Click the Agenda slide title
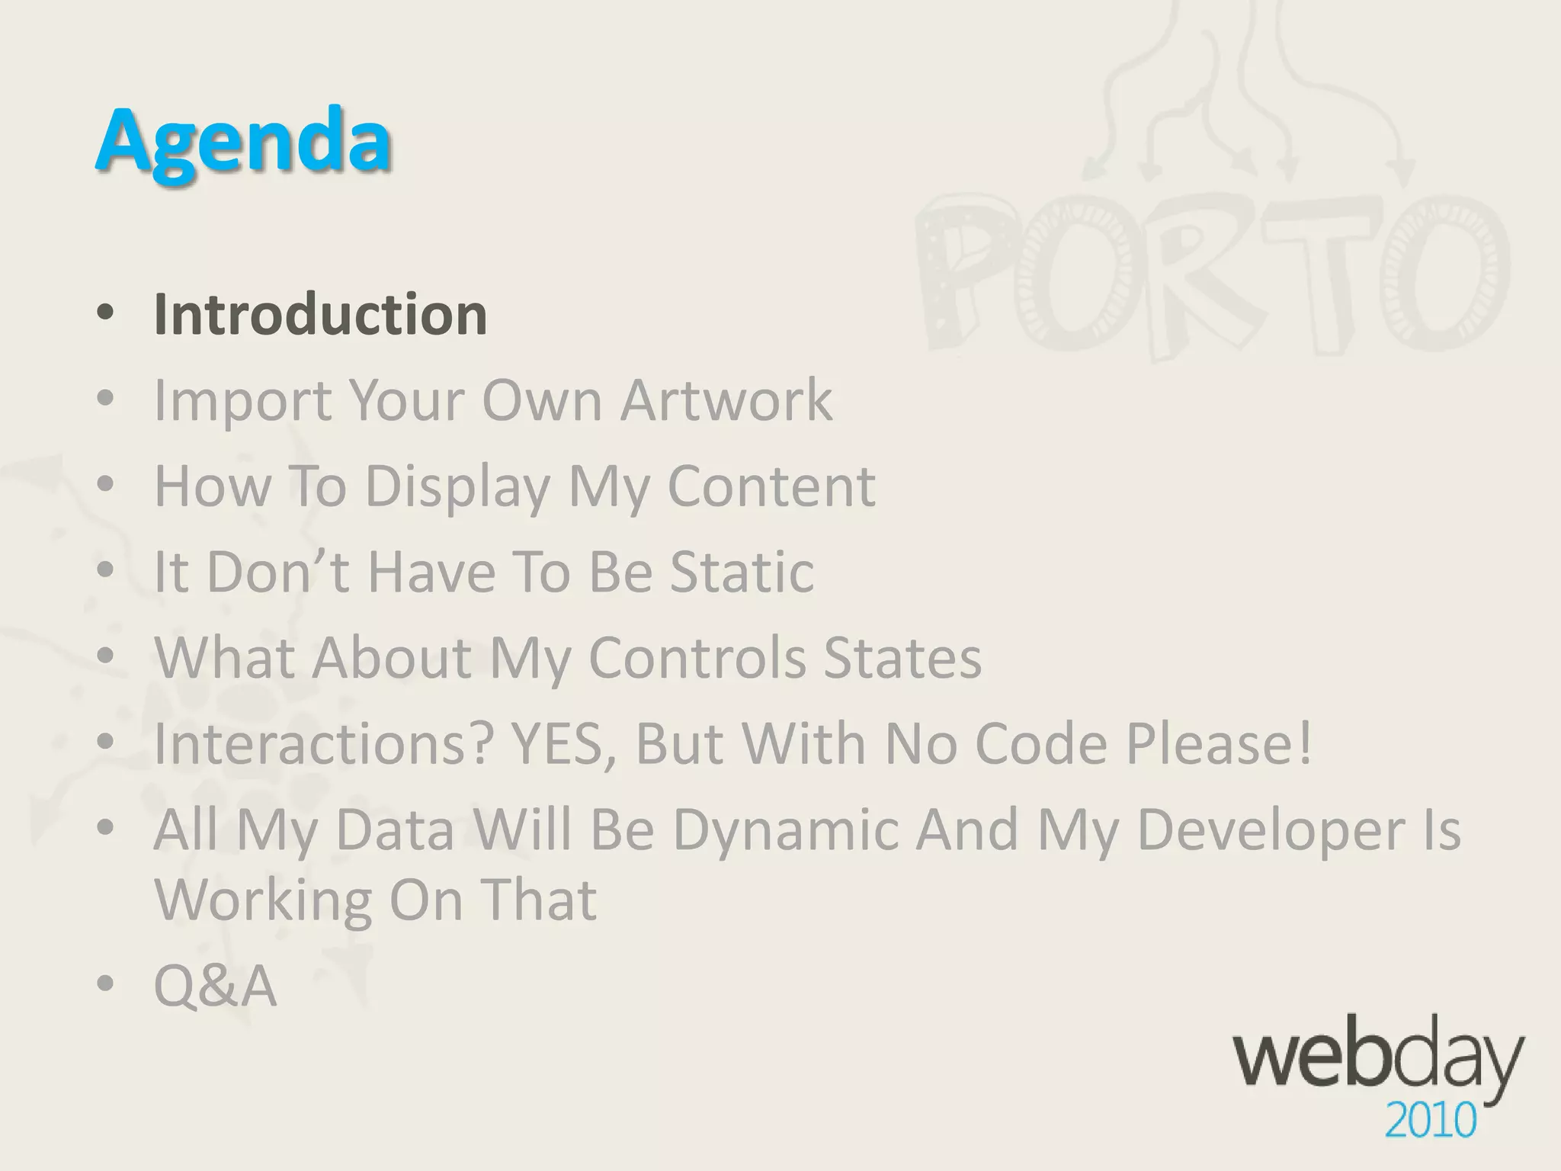point(243,142)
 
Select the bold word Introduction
point(320,313)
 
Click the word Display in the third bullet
point(458,487)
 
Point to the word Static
point(742,571)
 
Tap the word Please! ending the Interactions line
point(1220,743)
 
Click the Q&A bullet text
point(215,986)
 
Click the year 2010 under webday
point(1430,1121)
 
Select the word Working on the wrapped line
point(262,900)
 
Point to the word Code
point(1041,743)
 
